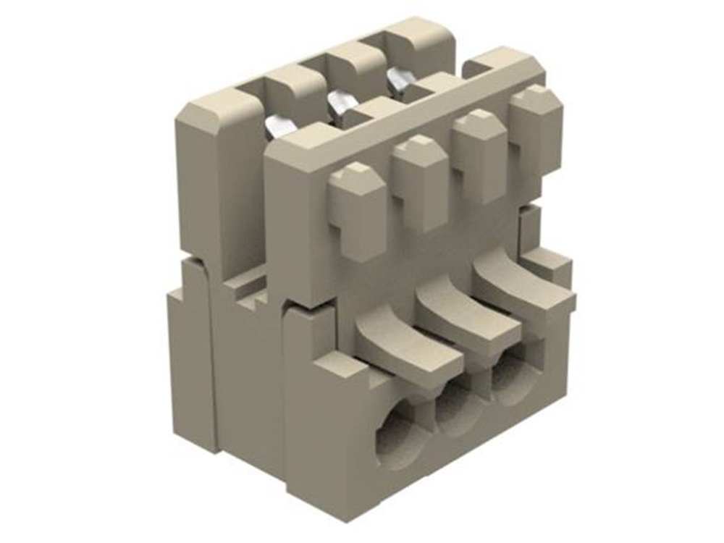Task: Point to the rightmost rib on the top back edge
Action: pos(420,40)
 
